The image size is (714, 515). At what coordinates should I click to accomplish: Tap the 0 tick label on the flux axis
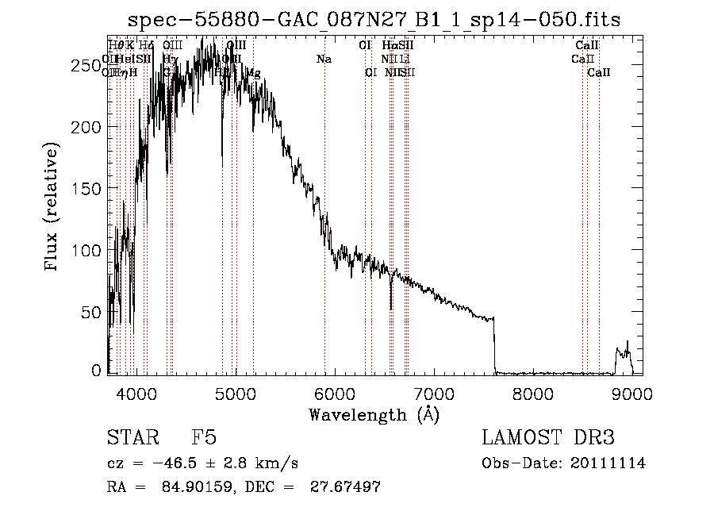pos(98,370)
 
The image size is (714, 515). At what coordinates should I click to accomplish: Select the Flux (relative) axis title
pos(53,208)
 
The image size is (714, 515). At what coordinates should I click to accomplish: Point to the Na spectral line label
pos(324,59)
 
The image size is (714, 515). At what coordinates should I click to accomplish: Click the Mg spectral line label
pos(253,73)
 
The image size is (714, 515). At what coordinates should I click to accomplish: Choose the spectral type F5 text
pos(203,438)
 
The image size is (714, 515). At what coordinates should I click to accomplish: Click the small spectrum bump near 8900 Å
pos(624,352)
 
